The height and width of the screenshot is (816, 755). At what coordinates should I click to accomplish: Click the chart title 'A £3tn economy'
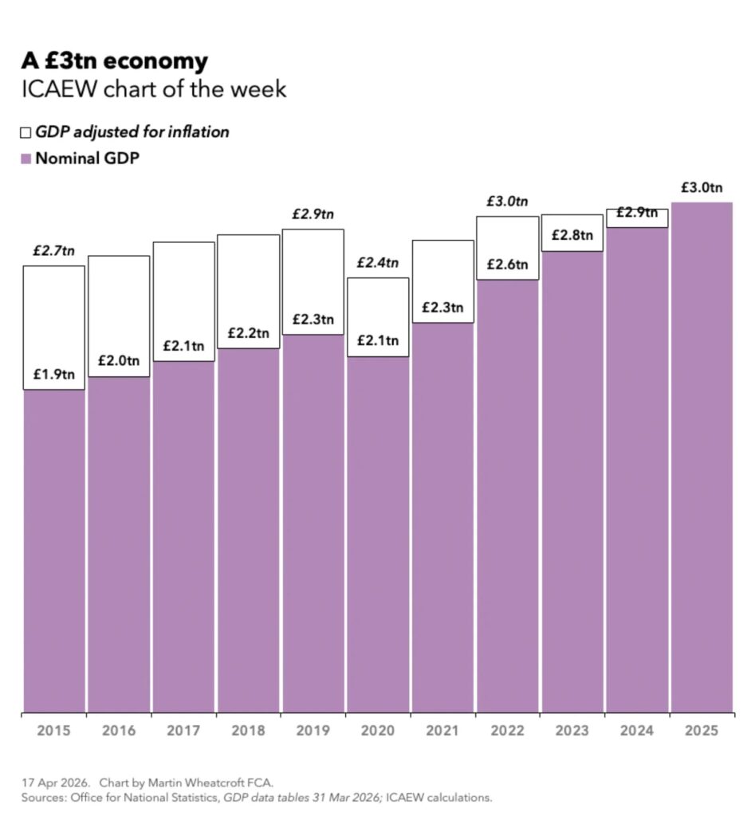tap(114, 61)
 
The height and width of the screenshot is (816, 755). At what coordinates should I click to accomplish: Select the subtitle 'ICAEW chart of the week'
tap(153, 89)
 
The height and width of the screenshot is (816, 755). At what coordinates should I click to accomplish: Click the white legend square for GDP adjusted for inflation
tap(26, 132)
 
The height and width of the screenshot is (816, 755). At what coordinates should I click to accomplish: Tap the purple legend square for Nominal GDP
tap(26, 158)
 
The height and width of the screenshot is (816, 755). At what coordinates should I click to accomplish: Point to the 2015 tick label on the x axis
tap(53, 731)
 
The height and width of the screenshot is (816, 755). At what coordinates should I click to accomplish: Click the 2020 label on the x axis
tap(378, 731)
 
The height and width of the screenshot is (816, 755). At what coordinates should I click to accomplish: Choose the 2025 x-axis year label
tap(702, 731)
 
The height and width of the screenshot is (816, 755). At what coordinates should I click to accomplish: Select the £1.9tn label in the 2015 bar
tap(53, 374)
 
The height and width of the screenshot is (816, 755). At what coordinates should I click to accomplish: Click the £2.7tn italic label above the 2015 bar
tap(53, 250)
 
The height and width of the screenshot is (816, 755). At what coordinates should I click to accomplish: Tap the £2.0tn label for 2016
tap(118, 361)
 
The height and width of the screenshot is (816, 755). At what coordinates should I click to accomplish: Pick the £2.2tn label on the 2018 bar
tap(248, 332)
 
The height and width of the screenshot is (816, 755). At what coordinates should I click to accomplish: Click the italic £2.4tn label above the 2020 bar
tap(378, 262)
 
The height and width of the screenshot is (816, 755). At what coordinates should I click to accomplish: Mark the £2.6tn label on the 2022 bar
tap(507, 265)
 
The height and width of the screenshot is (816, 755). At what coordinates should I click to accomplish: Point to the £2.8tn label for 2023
tap(572, 235)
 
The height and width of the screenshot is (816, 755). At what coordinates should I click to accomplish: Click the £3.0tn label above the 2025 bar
tap(702, 188)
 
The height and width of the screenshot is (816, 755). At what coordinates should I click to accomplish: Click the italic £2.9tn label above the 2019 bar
tap(313, 214)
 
